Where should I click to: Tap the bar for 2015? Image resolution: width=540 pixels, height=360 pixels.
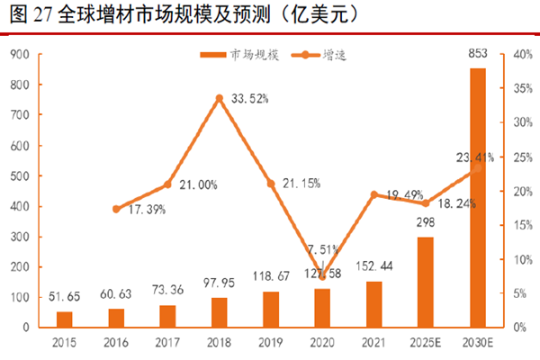click(x=65, y=319)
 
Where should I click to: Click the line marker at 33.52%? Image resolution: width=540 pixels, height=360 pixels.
click(x=219, y=97)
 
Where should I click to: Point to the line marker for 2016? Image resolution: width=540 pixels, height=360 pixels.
click(x=116, y=209)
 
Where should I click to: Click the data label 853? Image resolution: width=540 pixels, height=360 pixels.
click(x=477, y=57)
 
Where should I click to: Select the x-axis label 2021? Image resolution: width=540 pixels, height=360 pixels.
click(x=373, y=343)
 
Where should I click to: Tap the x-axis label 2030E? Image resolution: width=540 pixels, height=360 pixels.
click(x=477, y=343)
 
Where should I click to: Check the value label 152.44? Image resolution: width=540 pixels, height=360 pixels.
click(x=373, y=266)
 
